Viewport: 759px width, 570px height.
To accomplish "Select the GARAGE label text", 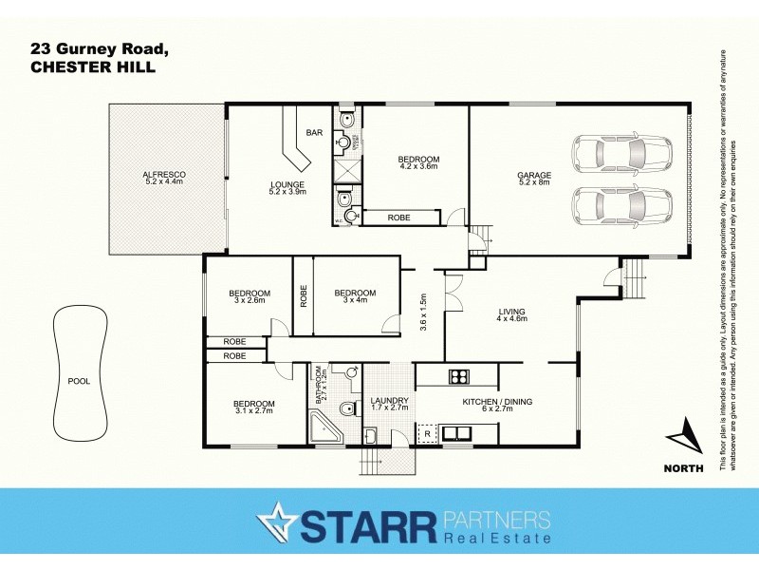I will pyautogui.click(x=534, y=175).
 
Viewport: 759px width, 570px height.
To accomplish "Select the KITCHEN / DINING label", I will pyautogui.click(x=497, y=402).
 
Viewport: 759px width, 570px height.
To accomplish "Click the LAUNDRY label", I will pyautogui.click(x=390, y=400).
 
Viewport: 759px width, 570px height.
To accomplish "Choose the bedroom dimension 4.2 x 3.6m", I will pyautogui.click(x=418, y=168).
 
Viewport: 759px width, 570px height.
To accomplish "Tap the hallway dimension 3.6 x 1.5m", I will pyautogui.click(x=424, y=312).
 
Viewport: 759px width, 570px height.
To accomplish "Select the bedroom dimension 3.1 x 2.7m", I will pyautogui.click(x=253, y=412).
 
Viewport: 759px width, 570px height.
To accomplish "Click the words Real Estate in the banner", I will pyautogui.click(x=497, y=539).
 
